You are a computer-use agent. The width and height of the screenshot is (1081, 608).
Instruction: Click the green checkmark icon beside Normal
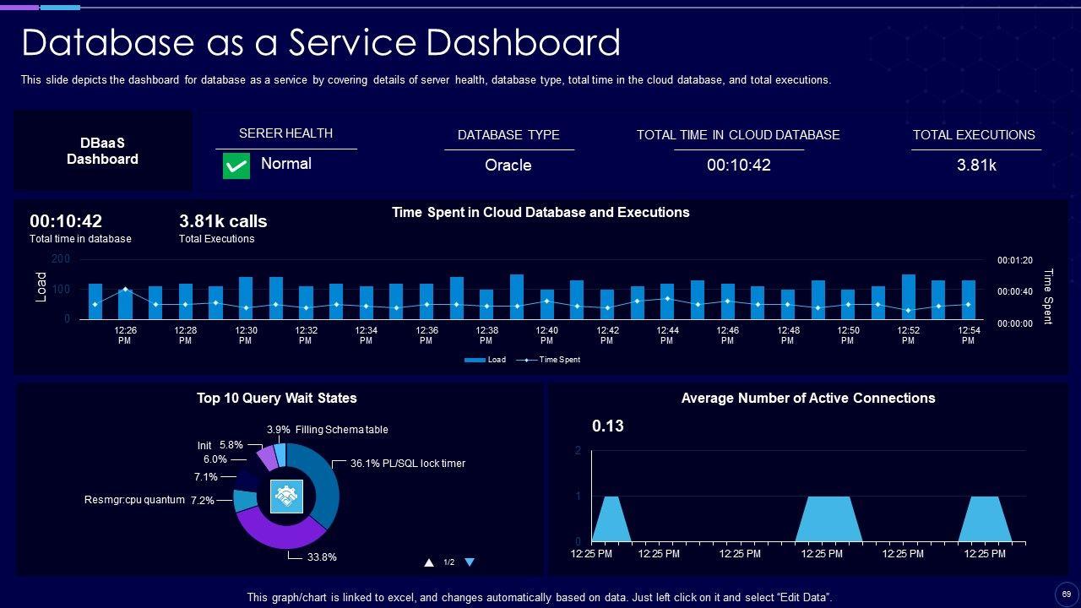236,166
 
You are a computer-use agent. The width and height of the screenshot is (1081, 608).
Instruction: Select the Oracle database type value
508,165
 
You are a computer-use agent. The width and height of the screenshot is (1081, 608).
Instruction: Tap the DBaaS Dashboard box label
103,151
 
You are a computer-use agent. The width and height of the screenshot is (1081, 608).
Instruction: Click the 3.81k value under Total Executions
976,165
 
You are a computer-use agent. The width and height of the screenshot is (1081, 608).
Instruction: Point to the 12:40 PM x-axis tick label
546,335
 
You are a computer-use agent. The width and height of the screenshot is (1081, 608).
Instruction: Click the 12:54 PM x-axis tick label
968,335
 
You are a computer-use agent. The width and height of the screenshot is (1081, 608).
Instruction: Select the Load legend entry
486,360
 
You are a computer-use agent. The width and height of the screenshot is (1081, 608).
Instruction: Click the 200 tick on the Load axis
61,258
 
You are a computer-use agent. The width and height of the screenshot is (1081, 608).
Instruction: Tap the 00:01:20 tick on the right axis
1014,261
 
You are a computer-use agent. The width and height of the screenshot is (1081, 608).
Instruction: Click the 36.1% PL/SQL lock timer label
408,464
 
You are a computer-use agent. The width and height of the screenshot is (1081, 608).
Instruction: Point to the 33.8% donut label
321,557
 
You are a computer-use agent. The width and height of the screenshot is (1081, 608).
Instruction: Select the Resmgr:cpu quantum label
134,500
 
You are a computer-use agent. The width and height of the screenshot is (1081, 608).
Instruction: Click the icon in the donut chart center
286,497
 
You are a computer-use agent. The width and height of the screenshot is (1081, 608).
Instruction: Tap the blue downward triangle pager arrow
470,562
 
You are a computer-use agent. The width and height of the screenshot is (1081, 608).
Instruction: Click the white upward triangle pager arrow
429,562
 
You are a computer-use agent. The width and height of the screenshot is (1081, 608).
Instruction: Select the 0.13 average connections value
608,426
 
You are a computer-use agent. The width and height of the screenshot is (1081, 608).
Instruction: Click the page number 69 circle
1066,594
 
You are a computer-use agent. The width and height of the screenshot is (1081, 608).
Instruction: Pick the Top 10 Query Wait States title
277,398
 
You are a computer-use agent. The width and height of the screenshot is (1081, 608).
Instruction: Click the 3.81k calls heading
223,221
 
